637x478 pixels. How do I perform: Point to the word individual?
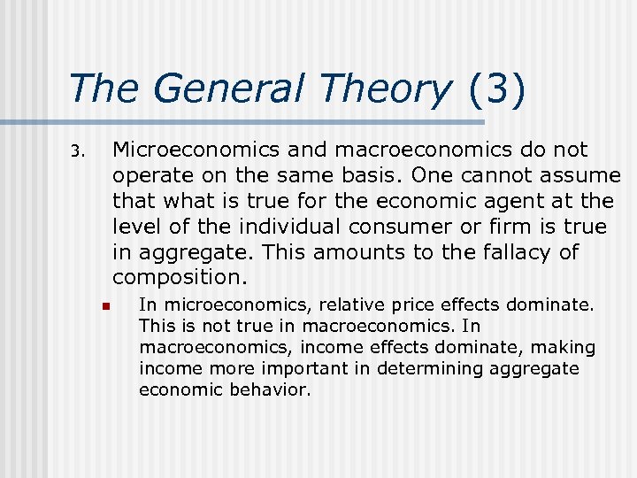coord(258,227)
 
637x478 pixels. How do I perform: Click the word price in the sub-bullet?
coord(413,305)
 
